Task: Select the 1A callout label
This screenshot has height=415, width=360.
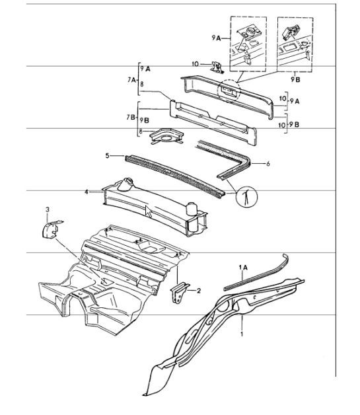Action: click(x=243, y=266)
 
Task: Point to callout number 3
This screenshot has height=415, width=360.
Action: click(x=47, y=209)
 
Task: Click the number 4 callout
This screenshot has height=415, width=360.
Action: click(x=87, y=191)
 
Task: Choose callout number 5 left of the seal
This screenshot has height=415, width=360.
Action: click(x=106, y=157)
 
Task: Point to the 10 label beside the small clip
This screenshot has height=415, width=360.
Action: click(x=194, y=64)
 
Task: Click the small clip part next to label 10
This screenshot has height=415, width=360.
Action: click(x=216, y=66)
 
